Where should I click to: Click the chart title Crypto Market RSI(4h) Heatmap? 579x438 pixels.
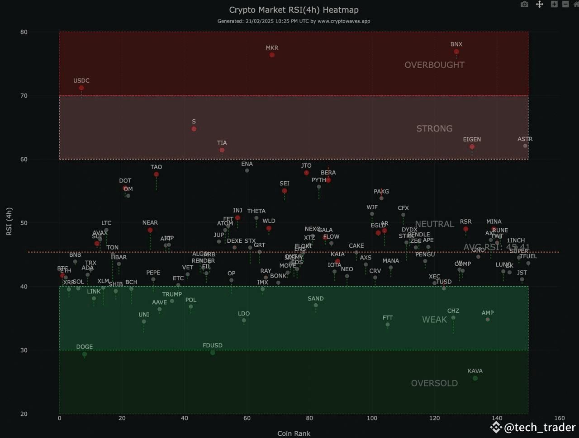[294, 9]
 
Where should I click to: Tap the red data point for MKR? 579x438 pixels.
[272, 55]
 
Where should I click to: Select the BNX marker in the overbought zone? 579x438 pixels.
[456, 52]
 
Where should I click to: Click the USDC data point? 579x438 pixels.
[81, 88]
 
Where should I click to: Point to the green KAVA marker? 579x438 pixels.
[475, 378]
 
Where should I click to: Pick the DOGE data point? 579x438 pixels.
[85, 354]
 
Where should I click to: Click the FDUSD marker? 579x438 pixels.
[213, 353]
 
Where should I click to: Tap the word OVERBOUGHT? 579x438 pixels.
[434, 65]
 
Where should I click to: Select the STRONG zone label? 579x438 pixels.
[434, 129]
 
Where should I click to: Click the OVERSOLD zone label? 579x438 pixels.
[434, 383]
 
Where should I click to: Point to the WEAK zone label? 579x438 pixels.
[434, 320]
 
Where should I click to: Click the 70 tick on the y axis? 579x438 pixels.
[24, 96]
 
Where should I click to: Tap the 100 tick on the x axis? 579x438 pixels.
[372, 418]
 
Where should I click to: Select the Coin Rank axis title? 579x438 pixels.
[294, 433]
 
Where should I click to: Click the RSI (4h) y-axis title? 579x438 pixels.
[9, 221]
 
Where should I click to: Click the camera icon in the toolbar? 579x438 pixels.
[524, 5]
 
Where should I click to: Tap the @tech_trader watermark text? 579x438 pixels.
[539, 427]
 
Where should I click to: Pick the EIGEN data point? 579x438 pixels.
[472, 147]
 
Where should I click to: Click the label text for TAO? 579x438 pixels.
[156, 167]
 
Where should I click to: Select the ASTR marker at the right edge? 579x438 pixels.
[525, 146]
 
